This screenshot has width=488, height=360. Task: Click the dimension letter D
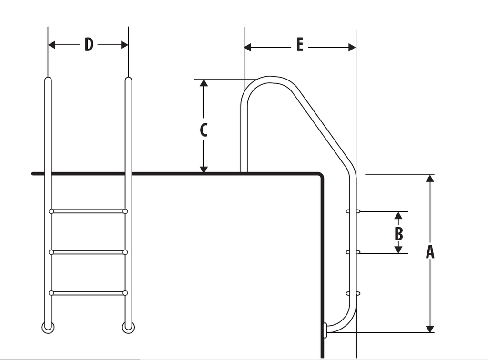[x=89, y=45]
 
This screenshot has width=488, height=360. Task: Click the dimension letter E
[x=299, y=45]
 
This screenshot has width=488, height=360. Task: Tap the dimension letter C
[x=203, y=130]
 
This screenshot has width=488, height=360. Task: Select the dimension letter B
[x=399, y=234]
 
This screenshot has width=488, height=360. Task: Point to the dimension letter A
[x=430, y=252]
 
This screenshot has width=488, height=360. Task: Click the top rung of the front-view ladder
[x=88, y=211]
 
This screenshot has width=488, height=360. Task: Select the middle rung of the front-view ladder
[x=88, y=252]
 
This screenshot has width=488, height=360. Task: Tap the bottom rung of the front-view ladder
[x=88, y=293]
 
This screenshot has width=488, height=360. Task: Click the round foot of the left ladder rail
[x=48, y=327]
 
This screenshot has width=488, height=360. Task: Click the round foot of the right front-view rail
[x=128, y=327]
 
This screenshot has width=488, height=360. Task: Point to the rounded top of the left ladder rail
[x=48, y=80]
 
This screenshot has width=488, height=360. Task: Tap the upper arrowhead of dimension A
[x=430, y=179]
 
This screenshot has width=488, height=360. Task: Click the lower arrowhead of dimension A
[x=430, y=329]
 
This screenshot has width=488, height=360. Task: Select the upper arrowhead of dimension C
[x=203, y=83]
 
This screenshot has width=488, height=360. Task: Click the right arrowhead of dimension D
[x=124, y=45]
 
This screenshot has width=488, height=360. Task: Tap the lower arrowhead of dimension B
[x=399, y=249]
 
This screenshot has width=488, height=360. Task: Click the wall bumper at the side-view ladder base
[x=325, y=330]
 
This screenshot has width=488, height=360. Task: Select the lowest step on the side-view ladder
[x=353, y=293]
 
